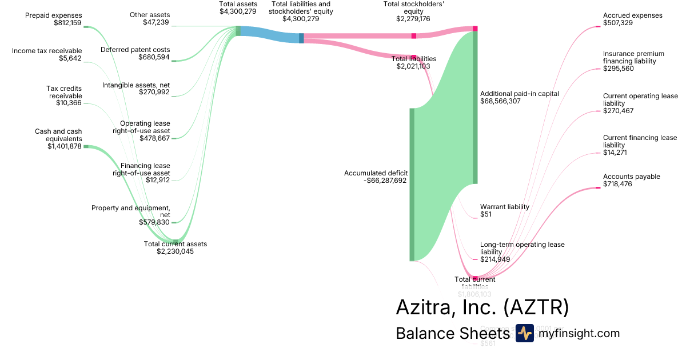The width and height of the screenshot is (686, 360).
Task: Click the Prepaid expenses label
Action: [53, 15]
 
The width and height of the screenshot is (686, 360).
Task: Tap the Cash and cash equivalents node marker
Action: [86, 146]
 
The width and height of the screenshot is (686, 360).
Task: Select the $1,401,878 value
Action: [65, 146]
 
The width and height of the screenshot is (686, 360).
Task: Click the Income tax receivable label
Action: [47, 51]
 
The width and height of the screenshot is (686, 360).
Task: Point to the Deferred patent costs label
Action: [135, 50]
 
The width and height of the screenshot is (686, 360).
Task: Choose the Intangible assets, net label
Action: [136, 85]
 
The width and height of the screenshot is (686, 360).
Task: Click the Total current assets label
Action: [175, 244]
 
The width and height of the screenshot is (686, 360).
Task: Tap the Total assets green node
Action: [238, 31]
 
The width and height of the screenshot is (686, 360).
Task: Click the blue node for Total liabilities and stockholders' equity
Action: [301, 38]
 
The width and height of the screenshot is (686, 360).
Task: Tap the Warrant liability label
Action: [504, 207]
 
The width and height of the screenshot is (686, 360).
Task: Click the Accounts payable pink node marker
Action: [598, 188]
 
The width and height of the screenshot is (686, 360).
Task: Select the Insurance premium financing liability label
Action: [629, 57]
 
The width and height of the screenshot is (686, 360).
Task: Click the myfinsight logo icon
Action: [524, 333]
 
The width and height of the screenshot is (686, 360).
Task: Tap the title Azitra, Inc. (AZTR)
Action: [482, 307]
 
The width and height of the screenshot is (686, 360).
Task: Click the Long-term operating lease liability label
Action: [522, 248]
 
